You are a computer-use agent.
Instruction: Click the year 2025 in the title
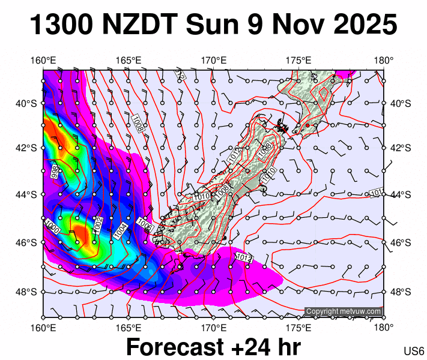click(363, 25)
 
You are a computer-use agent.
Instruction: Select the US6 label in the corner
click(414, 350)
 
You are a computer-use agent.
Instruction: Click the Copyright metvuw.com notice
click(344, 311)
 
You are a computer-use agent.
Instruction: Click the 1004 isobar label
click(121, 230)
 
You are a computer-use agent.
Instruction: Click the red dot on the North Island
click(307, 125)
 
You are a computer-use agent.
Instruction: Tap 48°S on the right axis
click(399, 292)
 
